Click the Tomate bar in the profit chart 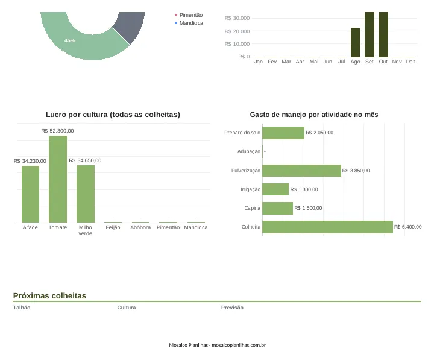click(x=58, y=179)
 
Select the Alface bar click(x=31, y=194)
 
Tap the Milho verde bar click(x=86, y=194)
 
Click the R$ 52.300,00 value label click(x=58, y=131)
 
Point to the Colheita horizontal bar click(x=328, y=227)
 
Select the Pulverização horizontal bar click(x=302, y=171)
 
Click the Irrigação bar click(x=275, y=189)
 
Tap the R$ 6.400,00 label click(x=407, y=227)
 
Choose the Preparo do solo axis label click(x=242, y=133)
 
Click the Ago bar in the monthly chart click(x=356, y=42)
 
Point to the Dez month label click(x=410, y=62)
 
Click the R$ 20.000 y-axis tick click(x=237, y=31)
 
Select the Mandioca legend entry click(x=189, y=23)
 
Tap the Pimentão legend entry click(x=189, y=15)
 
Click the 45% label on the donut click(x=70, y=40)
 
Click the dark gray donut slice click(x=130, y=27)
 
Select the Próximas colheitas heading click(x=49, y=295)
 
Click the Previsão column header click(x=232, y=308)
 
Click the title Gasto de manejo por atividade click(x=314, y=115)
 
